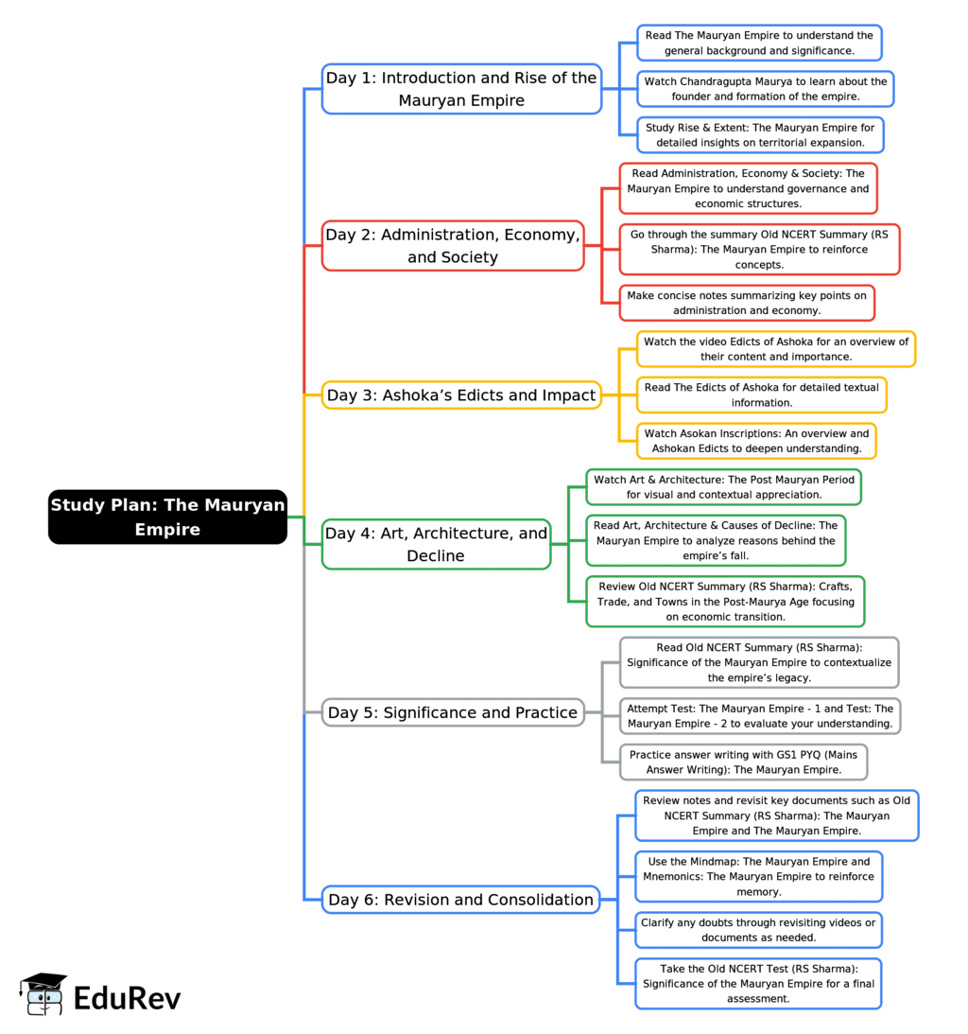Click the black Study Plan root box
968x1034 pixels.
[167, 517]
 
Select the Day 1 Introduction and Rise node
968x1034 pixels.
[461, 89]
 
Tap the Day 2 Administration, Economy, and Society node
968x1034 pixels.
[453, 245]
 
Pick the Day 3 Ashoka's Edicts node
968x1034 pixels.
[461, 395]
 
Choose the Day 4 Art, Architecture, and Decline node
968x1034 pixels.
[436, 544]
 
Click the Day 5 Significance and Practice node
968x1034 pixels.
[453, 712]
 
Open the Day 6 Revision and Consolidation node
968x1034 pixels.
[460, 900]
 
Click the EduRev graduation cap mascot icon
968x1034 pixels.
[43, 993]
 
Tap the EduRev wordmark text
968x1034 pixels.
[128, 998]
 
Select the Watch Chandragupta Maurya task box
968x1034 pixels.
[765, 89]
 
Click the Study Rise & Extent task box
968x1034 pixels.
[760, 135]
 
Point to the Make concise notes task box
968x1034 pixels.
[747, 303]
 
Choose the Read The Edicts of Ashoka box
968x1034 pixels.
[761, 395]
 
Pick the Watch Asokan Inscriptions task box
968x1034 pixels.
[756, 441]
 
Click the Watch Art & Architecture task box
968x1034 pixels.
[723, 487]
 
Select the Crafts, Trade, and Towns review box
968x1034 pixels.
[725, 602]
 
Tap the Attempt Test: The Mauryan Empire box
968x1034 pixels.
[760, 716]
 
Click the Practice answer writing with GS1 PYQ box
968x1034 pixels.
[743, 762]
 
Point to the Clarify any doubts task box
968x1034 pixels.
[758, 930]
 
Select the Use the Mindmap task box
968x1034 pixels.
[758, 876]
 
